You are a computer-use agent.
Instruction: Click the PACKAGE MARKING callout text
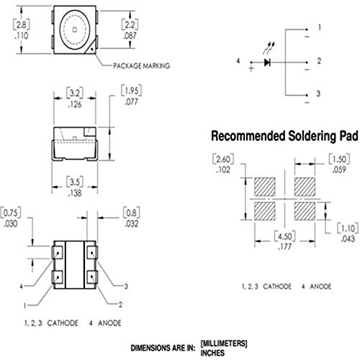141,66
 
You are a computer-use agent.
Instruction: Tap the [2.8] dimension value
22,25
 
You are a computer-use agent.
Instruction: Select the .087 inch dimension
130,36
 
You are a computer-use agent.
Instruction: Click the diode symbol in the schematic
267,63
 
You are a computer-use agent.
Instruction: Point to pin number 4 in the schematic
238,60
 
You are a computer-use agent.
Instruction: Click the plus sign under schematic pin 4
251,69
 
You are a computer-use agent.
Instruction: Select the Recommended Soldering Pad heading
284,136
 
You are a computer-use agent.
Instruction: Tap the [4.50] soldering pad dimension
285,236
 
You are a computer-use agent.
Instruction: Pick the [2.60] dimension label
223,159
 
